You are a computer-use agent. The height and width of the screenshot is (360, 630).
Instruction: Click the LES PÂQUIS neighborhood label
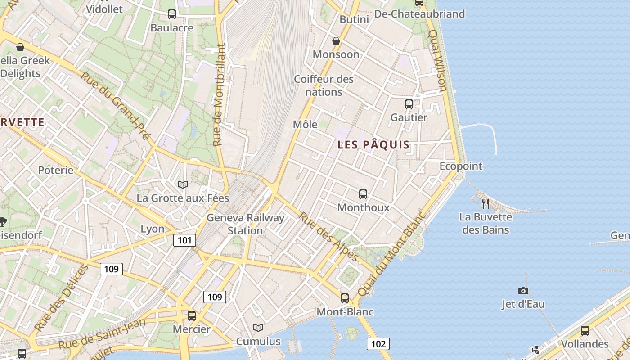point(373,145)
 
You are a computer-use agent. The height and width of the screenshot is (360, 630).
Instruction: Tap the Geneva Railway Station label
point(245,224)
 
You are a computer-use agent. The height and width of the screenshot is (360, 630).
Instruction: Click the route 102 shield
point(378,344)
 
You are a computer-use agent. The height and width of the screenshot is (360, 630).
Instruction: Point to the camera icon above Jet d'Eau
point(523,291)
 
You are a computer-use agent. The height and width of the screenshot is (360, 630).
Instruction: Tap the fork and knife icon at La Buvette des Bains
point(485,203)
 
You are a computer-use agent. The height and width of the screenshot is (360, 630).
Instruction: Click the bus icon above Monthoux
point(363,194)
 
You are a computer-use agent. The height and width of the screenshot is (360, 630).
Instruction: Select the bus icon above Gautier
point(409,104)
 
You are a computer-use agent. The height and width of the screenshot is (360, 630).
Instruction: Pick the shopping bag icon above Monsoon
point(336,41)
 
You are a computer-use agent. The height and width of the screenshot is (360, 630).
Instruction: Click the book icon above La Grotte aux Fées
point(182,184)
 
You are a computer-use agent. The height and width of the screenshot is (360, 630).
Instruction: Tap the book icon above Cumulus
point(258,328)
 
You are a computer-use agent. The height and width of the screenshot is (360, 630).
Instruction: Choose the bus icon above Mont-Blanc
point(345,298)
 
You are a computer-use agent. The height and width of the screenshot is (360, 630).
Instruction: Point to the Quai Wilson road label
point(437,61)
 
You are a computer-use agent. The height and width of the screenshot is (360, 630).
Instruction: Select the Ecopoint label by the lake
point(461,166)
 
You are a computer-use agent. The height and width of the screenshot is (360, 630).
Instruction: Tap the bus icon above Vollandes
point(585,331)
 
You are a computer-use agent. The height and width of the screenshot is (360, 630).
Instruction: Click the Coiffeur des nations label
point(324,85)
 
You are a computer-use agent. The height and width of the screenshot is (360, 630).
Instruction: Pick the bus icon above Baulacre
point(172,14)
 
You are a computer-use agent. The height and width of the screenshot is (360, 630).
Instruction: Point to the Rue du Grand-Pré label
point(115,105)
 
